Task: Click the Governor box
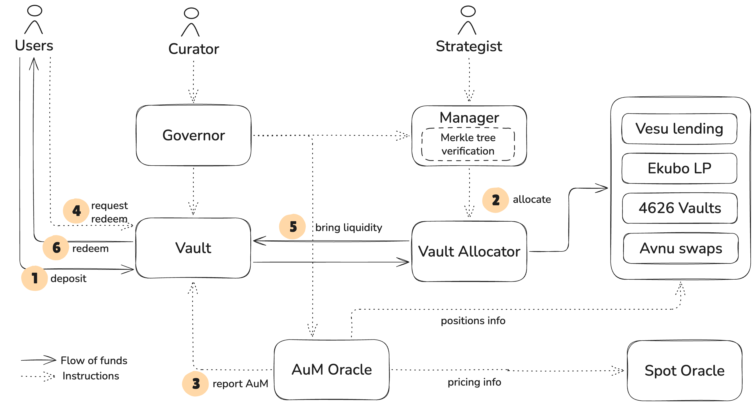point(193,136)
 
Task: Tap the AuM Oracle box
point(331,369)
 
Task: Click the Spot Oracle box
point(684,371)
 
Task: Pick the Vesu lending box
point(679,129)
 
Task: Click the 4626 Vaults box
point(680,208)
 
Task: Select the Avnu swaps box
point(680,248)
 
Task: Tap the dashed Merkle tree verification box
point(468,144)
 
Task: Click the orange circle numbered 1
point(35,278)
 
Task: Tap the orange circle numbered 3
point(195,383)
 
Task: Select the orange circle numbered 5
point(293,226)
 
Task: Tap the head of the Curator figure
point(191,13)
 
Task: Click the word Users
point(34,45)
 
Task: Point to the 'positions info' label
point(473,321)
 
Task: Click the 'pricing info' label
point(474,382)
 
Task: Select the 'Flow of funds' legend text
point(94,360)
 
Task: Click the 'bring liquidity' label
point(348,227)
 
